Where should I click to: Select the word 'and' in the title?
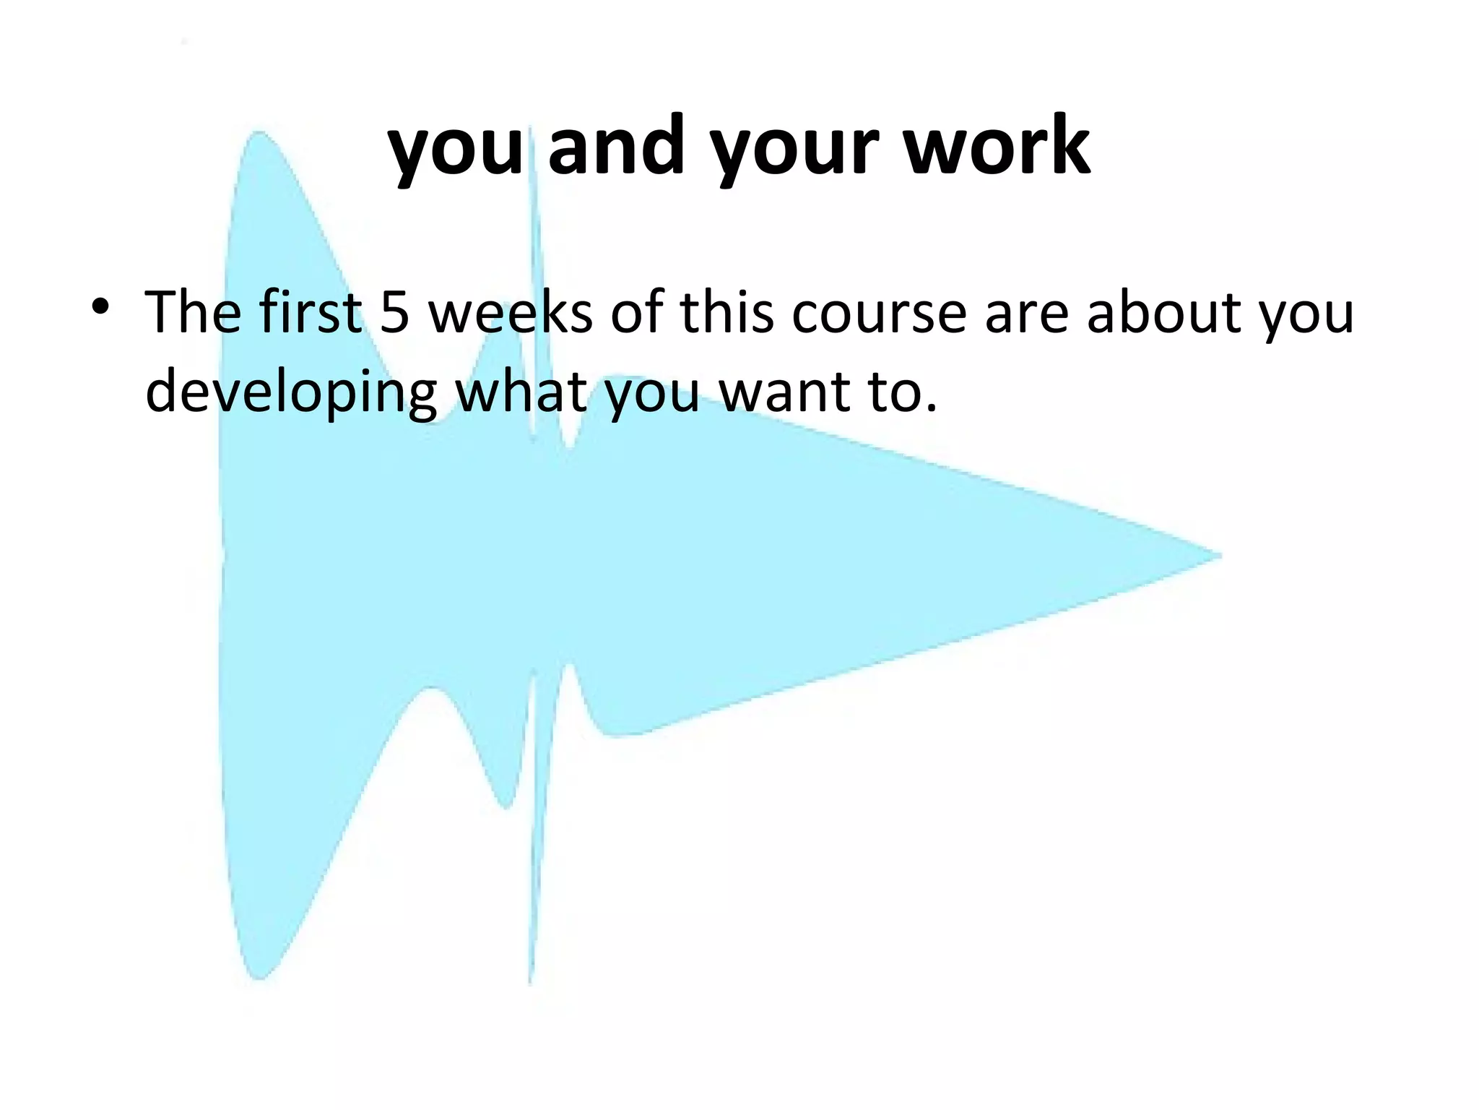click(x=615, y=147)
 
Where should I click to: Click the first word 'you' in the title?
click(x=456, y=152)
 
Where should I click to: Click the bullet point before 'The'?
click(x=100, y=307)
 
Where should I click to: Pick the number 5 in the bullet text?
click(x=395, y=312)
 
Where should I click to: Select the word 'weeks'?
click(x=511, y=312)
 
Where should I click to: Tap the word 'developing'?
click(x=291, y=394)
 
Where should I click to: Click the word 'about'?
click(x=1163, y=312)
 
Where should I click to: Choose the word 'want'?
click(x=781, y=394)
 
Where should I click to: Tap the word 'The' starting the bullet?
click(x=194, y=312)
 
